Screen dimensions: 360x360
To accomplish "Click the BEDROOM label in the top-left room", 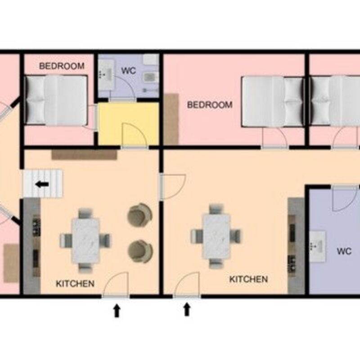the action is click(x=62, y=66).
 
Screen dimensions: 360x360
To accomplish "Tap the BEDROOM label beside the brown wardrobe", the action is click(x=210, y=105).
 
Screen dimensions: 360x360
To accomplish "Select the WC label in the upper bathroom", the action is click(x=129, y=71).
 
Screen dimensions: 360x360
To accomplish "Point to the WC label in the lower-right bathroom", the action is click(x=344, y=251).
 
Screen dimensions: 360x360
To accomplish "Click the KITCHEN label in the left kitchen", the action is click(x=75, y=284).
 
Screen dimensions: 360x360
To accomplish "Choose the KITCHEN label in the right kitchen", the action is click(x=249, y=279).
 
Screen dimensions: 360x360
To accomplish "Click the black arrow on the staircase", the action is click(x=42, y=184).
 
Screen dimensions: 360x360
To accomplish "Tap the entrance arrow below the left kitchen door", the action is click(x=117, y=310).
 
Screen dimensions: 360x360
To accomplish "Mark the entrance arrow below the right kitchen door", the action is click(x=187, y=309).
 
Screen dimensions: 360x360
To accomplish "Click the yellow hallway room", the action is click(x=129, y=124).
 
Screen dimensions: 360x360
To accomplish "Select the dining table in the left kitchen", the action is click(x=85, y=241).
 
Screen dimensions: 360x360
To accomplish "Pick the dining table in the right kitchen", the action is click(x=216, y=236).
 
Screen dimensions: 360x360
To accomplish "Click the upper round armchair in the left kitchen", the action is click(x=139, y=215).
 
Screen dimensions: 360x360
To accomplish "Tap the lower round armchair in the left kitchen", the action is click(x=140, y=251).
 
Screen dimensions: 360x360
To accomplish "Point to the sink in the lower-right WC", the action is click(x=317, y=247).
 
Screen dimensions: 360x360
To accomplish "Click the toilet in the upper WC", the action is click(x=150, y=77).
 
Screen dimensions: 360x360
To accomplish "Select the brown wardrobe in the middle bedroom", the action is click(x=171, y=119).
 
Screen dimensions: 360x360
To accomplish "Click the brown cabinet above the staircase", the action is click(x=84, y=154).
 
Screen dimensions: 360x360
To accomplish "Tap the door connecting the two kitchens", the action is click(x=173, y=186).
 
